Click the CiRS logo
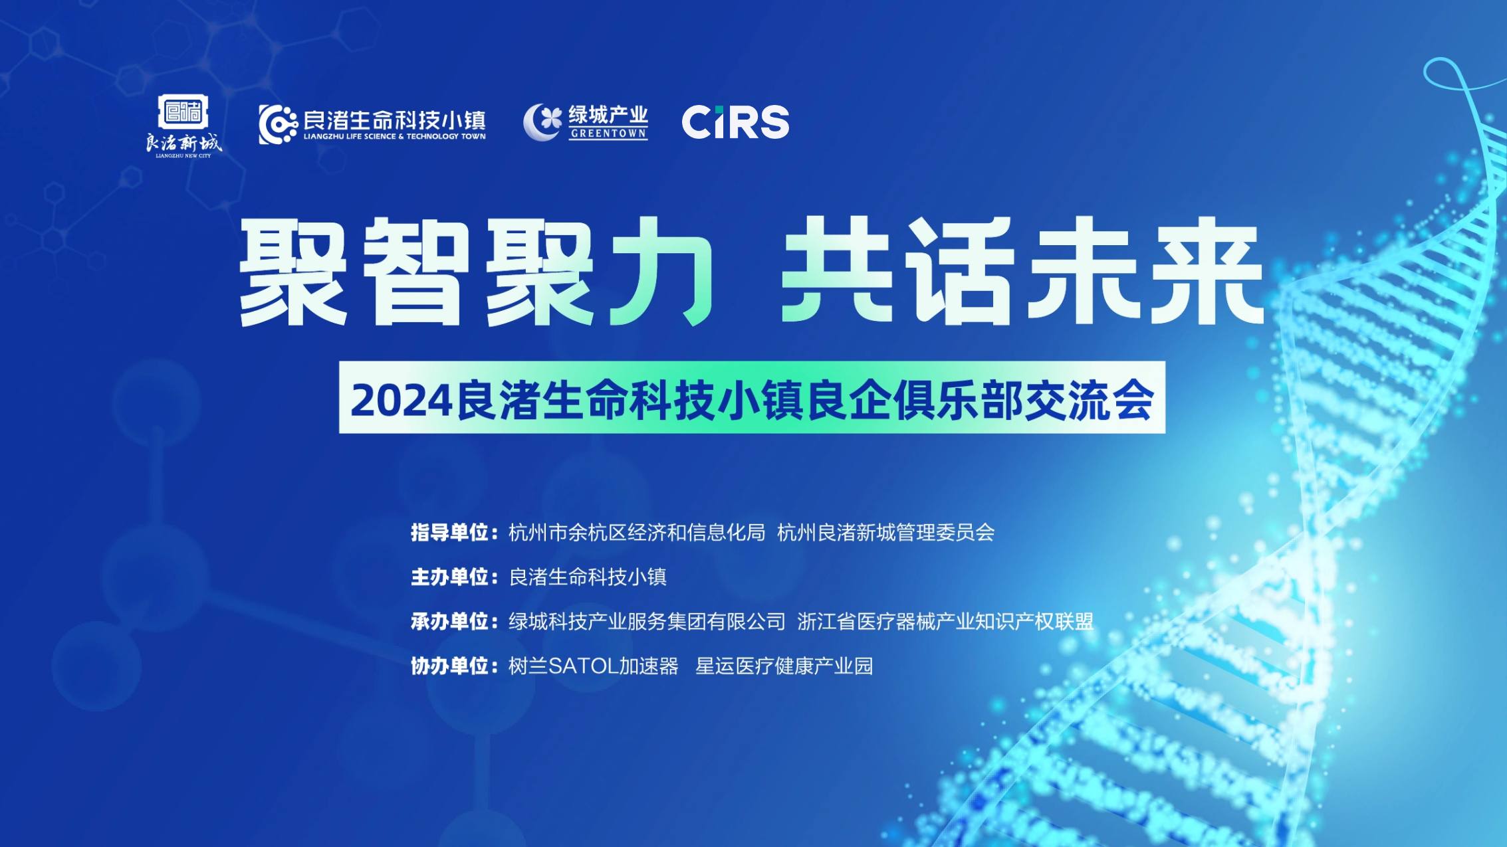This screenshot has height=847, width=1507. (735, 122)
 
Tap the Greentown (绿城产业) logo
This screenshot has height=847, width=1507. (585, 122)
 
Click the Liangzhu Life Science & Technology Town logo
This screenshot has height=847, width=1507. (372, 124)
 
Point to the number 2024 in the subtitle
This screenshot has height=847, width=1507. (402, 401)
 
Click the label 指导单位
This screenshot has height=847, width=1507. (450, 532)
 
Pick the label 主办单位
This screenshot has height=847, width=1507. (450, 577)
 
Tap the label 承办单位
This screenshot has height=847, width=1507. (450, 621)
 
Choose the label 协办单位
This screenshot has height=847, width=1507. (450, 666)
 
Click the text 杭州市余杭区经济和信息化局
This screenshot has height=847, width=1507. (636, 532)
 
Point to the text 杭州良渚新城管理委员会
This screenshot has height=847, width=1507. (885, 532)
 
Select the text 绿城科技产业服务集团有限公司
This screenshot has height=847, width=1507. (647, 621)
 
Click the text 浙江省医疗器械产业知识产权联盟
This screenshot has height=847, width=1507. (945, 621)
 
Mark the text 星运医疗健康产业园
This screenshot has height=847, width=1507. (784, 666)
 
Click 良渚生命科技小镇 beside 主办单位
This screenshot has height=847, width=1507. (587, 577)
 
